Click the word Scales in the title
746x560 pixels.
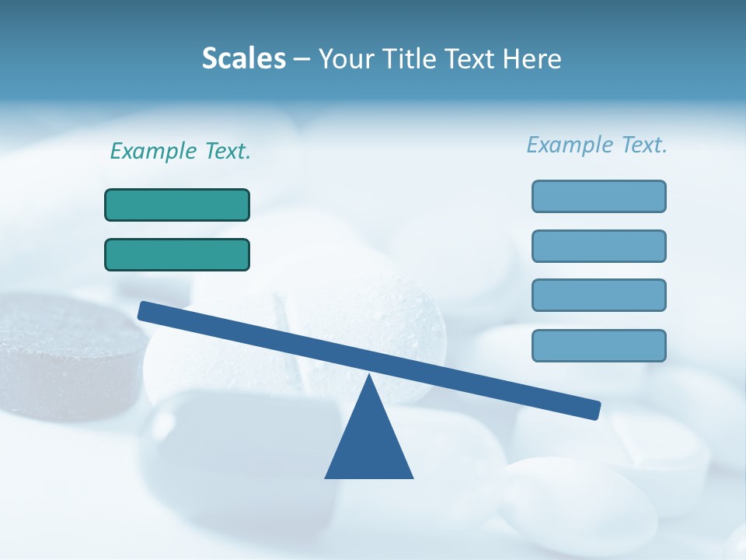(x=243, y=58)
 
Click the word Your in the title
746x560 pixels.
(x=347, y=58)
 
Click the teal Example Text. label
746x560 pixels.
(x=180, y=151)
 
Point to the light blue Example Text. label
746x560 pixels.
(x=597, y=145)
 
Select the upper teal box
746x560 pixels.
(x=177, y=205)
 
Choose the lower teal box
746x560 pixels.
(x=177, y=254)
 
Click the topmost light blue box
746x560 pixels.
(x=598, y=196)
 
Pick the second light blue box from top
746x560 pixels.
(x=598, y=246)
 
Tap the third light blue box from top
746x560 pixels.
(x=598, y=295)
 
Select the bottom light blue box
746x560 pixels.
(x=598, y=345)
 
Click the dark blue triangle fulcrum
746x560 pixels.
(x=369, y=443)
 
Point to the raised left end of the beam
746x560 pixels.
(x=144, y=310)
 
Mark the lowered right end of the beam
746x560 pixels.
(x=594, y=410)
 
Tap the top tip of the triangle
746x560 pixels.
(x=369, y=376)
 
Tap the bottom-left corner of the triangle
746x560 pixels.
(x=326, y=477)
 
